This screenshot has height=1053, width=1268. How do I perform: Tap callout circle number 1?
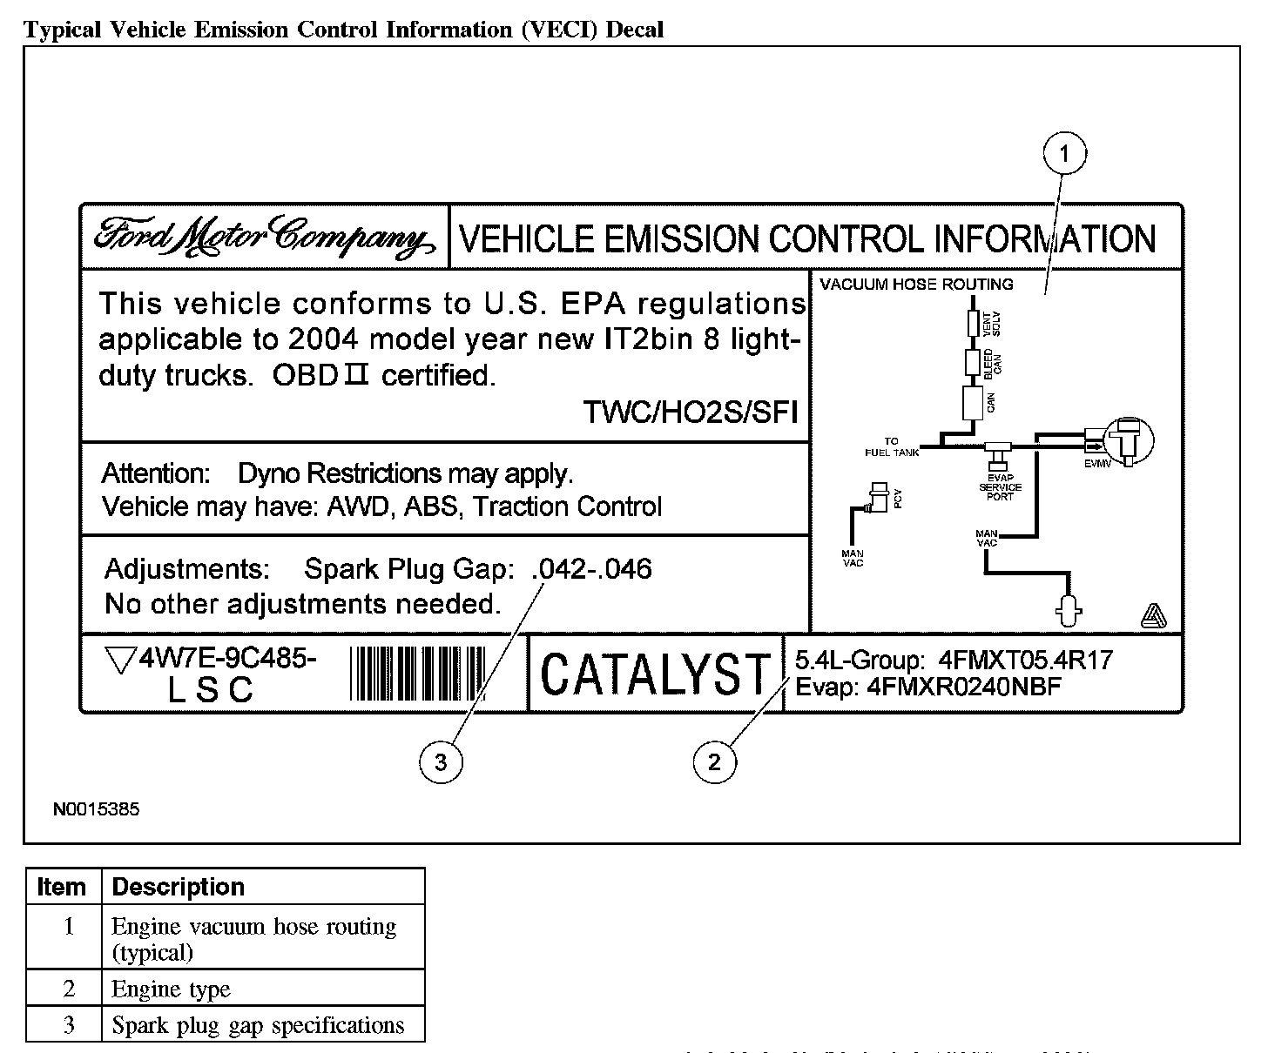1064,156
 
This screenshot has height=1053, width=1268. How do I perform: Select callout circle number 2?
714,762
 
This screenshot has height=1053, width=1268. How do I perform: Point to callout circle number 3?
441,762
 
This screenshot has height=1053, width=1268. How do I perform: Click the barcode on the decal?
418,674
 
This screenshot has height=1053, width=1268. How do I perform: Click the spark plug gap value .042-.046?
591,569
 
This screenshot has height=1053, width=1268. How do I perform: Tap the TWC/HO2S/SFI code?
691,412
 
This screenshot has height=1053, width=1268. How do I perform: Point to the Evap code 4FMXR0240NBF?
964,687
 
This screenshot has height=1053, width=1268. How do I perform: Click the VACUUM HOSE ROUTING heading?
916,285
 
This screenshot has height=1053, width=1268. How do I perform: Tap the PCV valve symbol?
879,497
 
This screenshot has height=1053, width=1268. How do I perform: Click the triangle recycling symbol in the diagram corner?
1153,617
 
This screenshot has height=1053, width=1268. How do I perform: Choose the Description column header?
179,887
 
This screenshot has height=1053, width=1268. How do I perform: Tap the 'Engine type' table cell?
172,989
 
